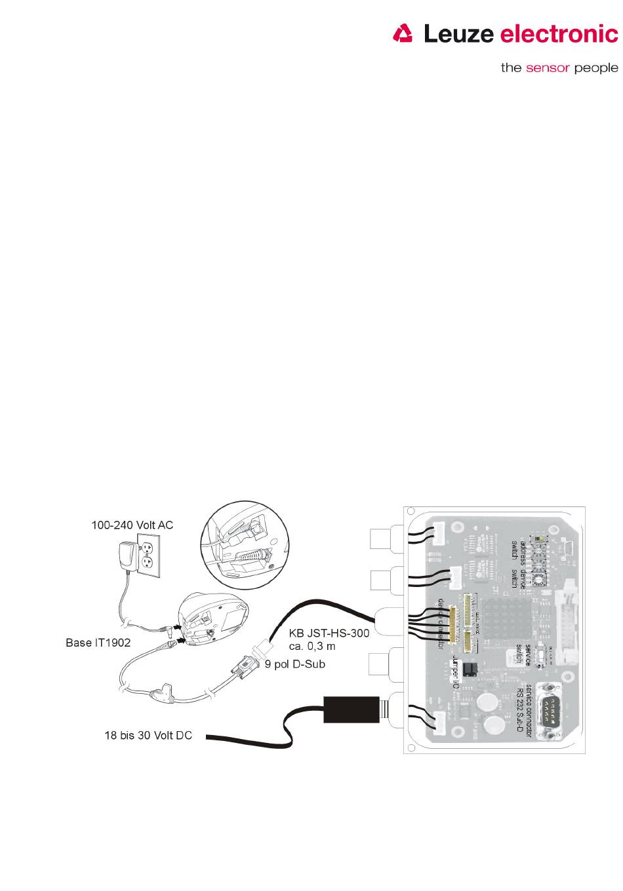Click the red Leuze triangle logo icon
403,33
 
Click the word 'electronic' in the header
559,33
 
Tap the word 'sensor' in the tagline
548,67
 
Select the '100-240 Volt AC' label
132,525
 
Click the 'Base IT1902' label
98,643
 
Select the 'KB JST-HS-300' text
329,634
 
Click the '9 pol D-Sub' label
295,664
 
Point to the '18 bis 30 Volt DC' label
148,736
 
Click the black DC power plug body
352,710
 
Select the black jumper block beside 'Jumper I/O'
469,669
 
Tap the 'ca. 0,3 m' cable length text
312,646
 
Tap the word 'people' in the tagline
596,67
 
